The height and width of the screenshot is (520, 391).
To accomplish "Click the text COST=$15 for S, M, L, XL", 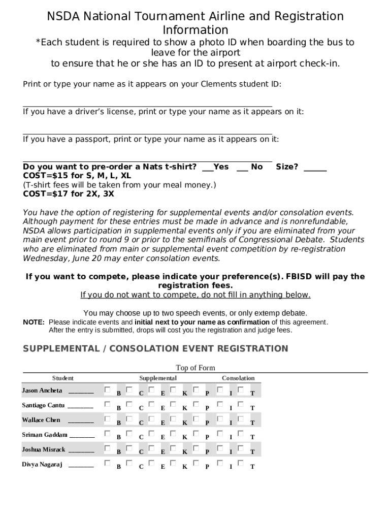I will [x=77, y=176].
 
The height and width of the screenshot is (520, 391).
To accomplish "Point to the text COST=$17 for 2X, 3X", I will [x=69, y=194].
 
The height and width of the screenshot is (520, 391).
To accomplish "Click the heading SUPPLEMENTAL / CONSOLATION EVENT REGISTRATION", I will [x=155, y=348].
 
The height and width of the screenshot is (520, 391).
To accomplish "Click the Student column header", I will [x=62, y=378].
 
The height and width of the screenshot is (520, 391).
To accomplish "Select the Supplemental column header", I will [x=158, y=378].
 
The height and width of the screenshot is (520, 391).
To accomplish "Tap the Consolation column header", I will [x=238, y=378].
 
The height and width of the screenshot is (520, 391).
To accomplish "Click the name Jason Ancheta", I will [x=42, y=391].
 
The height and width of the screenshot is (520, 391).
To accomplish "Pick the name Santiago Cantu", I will [x=43, y=405].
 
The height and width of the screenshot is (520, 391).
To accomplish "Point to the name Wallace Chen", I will [x=41, y=420].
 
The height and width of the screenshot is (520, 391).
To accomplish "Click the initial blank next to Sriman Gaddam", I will [x=82, y=436].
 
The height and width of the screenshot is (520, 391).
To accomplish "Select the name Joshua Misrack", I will [x=44, y=449].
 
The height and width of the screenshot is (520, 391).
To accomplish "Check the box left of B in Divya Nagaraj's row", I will [x=107, y=463].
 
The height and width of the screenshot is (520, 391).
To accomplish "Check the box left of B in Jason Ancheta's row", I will [x=107, y=389].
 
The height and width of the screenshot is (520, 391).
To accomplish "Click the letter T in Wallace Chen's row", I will [x=252, y=422].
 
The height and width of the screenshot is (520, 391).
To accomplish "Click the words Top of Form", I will [x=195, y=368].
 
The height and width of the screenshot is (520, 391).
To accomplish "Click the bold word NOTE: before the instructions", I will [x=34, y=322].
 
